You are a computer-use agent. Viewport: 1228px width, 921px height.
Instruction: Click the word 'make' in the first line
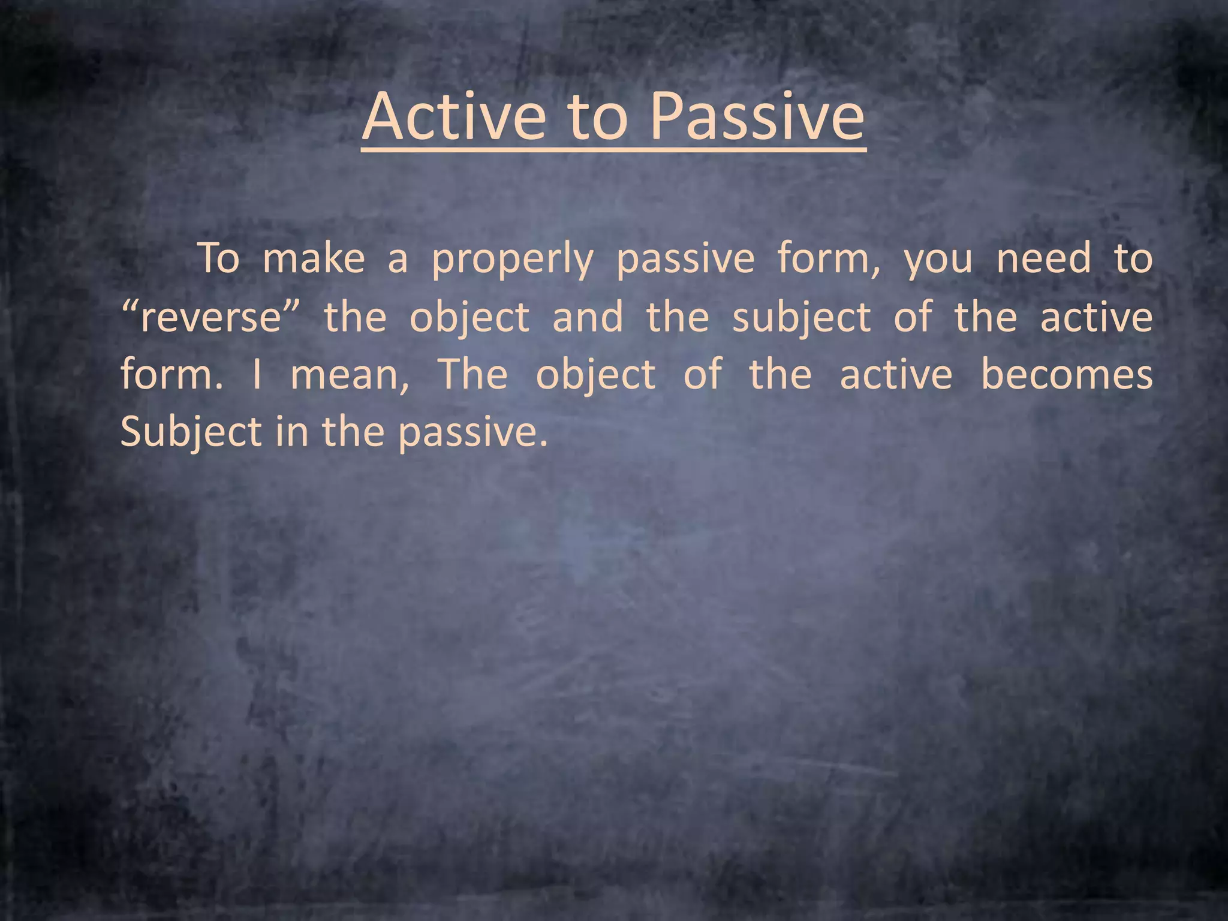pos(314,259)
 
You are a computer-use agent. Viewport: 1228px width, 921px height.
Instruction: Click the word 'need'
pos(1043,259)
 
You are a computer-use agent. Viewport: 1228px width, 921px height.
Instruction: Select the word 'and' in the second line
pos(588,317)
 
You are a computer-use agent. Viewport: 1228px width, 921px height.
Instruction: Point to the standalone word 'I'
pos(257,375)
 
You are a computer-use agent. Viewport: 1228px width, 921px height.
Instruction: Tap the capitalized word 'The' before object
pos(473,375)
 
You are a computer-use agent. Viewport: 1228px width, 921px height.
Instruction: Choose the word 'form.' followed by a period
pos(171,375)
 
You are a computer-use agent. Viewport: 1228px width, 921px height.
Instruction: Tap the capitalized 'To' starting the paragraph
pos(219,259)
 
